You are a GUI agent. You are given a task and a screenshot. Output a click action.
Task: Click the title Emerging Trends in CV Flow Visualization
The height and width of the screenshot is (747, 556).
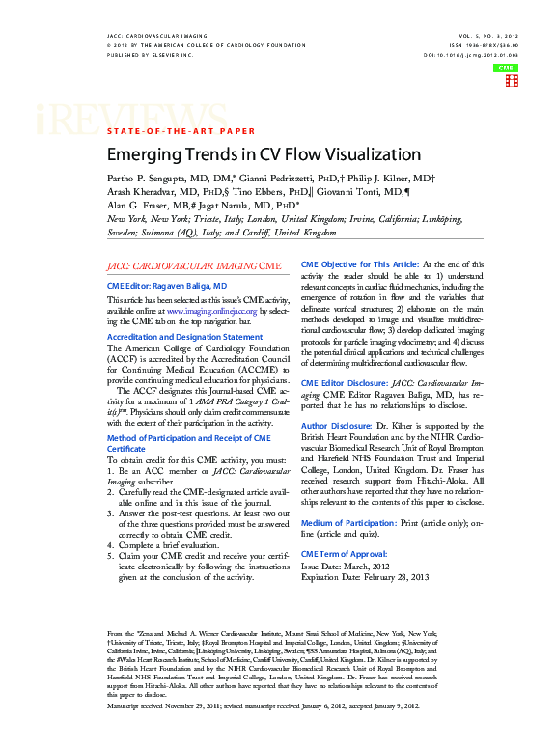click(x=264, y=154)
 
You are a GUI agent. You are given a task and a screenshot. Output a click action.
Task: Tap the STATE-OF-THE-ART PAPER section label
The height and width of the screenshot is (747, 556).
click(x=181, y=129)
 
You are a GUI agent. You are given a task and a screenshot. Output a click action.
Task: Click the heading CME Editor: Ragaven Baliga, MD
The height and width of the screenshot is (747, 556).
click(x=166, y=286)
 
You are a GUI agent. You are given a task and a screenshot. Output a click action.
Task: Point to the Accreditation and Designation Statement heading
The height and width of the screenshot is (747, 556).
click(x=183, y=336)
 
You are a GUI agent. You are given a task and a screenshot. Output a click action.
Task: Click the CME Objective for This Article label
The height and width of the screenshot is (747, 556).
click(x=360, y=263)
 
